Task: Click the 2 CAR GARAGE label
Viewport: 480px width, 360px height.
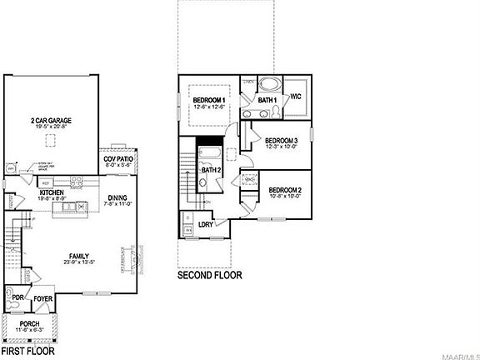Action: tap(51, 121)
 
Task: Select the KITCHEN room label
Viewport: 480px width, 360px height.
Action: tap(52, 192)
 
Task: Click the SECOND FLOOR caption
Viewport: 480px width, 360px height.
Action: tap(210, 274)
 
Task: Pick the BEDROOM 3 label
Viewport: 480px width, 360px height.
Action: tap(281, 140)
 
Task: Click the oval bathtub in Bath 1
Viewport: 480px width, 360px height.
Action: tap(267, 84)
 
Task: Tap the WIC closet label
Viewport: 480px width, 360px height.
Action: tap(296, 97)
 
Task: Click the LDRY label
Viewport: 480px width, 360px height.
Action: tap(206, 224)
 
